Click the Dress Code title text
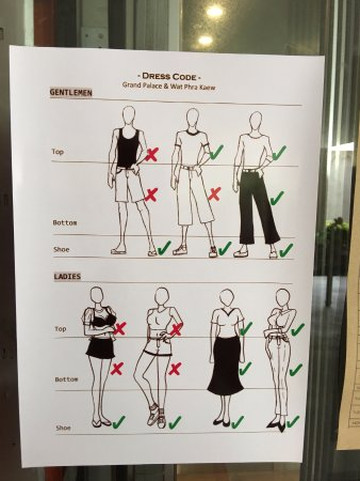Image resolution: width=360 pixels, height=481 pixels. click(x=169, y=77)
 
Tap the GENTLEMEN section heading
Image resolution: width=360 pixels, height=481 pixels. click(x=71, y=92)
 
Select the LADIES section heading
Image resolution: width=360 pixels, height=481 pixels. click(x=67, y=276)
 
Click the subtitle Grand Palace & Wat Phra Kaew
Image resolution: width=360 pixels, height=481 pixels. click(x=169, y=86)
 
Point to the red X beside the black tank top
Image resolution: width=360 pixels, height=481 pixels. click(x=151, y=155)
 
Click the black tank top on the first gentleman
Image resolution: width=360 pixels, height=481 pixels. click(x=127, y=148)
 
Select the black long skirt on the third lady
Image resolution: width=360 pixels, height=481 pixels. click(x=226, y=365)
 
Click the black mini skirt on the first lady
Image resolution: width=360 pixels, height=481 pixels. click(x=96, y=348)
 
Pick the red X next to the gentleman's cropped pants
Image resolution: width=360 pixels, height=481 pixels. click(x=214, y=194)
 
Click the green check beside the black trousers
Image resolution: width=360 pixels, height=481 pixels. click(x=277, y=198)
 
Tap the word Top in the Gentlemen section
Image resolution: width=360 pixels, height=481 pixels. click(x=57, y=152)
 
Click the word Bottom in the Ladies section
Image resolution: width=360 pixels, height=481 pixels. click(x=66, y=379)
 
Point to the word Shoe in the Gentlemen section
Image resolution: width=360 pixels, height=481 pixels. click(x=61, y=249)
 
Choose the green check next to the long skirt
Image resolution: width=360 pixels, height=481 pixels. click(x=245, y=368)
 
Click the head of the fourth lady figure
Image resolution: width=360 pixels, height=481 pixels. click(x=283, y=298)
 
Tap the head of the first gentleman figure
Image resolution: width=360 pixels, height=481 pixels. click(x=129, y=115)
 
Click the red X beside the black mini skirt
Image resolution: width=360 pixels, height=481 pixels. click(x=117, y=368)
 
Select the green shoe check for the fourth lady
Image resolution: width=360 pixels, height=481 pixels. click(x=293, y=422)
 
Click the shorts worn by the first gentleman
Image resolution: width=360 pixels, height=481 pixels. click(x=128, y=184)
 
